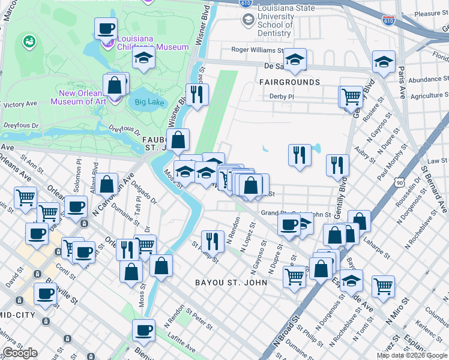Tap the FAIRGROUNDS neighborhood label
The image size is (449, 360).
coord(289,82)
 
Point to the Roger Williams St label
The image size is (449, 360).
coord(257,50)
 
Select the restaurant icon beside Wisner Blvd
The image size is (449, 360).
coord(196,93)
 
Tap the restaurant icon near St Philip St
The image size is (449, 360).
coord(212,241)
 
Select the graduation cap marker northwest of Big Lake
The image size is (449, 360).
coord(143,58)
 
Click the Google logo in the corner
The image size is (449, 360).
coord(20,353)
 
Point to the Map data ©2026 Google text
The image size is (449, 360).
coord(412,355)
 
